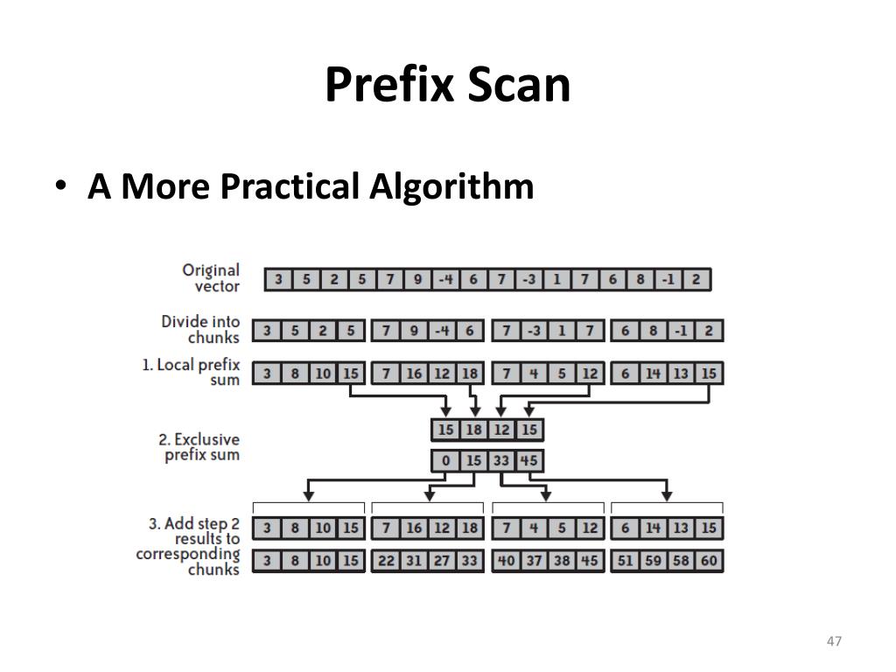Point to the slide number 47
(x=833, y=641)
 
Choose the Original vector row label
(x=210, y=278)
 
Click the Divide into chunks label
(x=200, y=330)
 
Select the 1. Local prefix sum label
(x=191, y=373)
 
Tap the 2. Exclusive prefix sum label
(x=200, y=447)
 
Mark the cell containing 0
(x=446, y=460)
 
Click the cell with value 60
(x=709, y=561)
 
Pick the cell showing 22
(x=386, y=561)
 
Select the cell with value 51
(x=625, y=561)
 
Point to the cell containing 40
(x=506, y=561)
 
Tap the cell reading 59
(x=653, y=561)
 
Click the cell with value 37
(x=534, y=561)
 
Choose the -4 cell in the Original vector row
(x=445, y=280)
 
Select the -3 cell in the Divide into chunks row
(x=534, y=332)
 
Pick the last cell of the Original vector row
(x=696, y=280)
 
